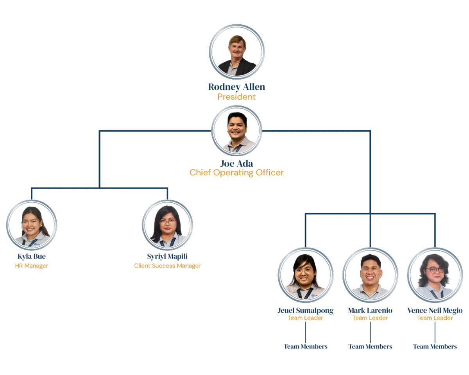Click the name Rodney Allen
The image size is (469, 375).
(x=236, y=87)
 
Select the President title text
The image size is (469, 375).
(x=237, y=97)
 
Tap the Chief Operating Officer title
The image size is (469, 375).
(x=237, y=173)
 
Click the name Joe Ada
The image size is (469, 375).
(x=237, y=163)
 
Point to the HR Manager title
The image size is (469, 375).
(x=32, y=266)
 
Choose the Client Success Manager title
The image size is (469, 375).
(x=167, y=266)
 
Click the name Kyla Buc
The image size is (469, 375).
(x=32, y=257)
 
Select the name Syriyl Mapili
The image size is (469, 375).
(x=167, y=257)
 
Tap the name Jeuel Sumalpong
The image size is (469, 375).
(x=305, y=311)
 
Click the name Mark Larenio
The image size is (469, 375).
(x=370, y=311)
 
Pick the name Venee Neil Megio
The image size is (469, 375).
(x=435, y=311)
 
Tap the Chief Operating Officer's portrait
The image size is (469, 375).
(x=237, y=131)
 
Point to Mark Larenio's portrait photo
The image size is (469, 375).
(x=370, y=275)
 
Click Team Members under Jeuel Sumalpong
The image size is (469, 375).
(x=305, y=346)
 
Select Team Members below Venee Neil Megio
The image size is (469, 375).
(x=435, y=346)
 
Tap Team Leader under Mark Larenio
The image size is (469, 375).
(x=370, y=318)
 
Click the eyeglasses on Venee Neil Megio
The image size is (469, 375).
(x=435, y=270)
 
